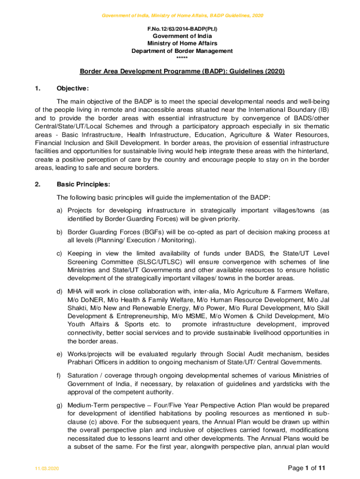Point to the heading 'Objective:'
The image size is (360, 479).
tap(72, 88)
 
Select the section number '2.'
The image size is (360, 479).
tap(38, 184)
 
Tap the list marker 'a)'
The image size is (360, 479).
tap(60, 210)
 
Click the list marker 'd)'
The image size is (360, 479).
tap(60, 292)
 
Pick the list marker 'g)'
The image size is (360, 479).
tap(60, 404)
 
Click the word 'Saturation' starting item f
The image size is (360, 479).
tap(82, 375)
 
